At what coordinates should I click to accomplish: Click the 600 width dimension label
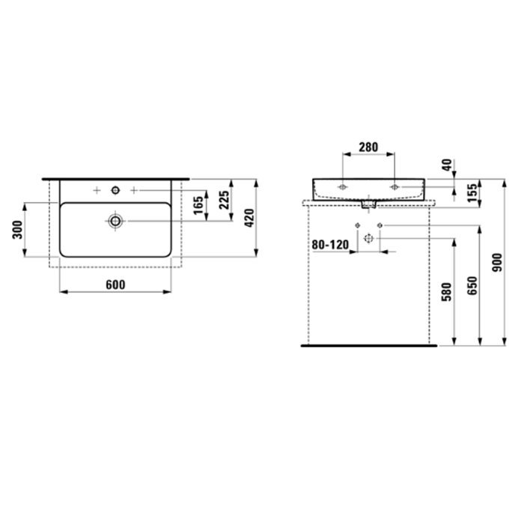[x=115, y=284]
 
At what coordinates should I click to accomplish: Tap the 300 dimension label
[x=17, y=230]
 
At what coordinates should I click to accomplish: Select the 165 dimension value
[x=198, y=206]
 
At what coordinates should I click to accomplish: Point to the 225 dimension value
[x=225, y=200]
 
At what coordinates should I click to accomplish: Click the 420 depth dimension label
[x=249, y=219]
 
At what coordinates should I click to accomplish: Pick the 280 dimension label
[x=368, y=147]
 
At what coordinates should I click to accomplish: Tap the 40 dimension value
[x=447, y=165]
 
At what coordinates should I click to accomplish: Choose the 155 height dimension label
[x=472, y=193]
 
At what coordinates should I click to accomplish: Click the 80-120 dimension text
[x=330, y=245]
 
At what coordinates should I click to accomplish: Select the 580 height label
[x=446, y=292]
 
